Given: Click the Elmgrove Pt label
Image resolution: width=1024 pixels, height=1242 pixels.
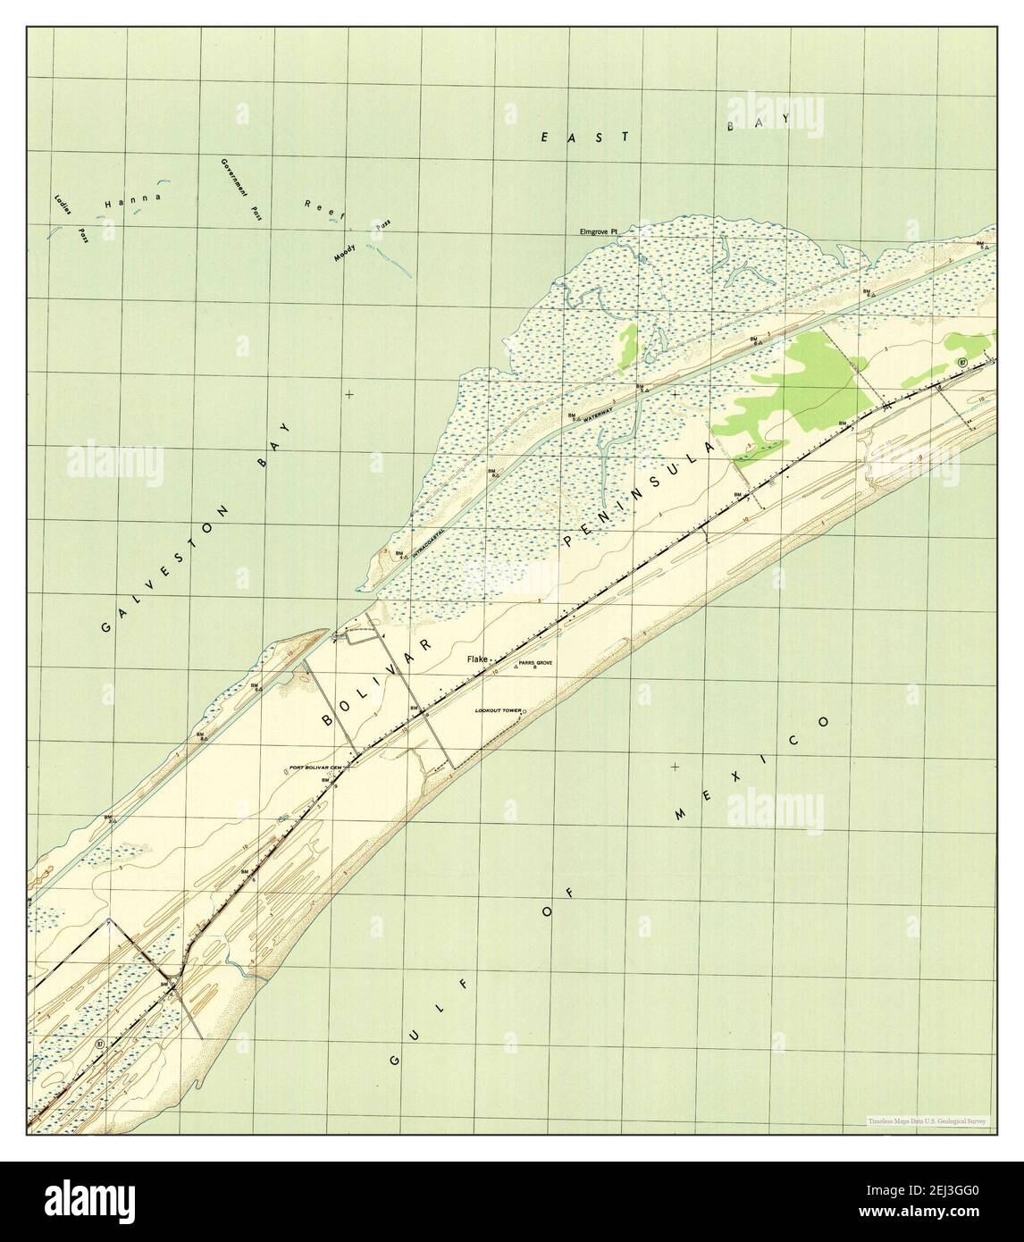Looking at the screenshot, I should [x=605, y=231].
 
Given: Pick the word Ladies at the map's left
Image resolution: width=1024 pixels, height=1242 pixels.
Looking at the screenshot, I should [x=62, y=206].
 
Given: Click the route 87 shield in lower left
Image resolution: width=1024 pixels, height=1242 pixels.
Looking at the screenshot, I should [x=98, y=1043].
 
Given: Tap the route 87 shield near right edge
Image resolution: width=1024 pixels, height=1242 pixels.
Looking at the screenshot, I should [x=961, y=362].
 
